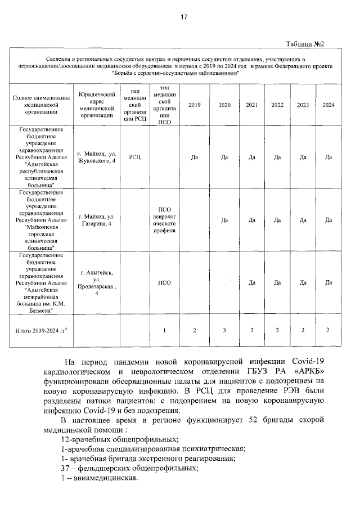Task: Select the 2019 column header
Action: [x=194, y=105]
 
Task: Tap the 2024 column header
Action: [x=328, y=105]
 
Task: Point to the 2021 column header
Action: [x=252, y=105]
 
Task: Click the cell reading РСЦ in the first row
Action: [x=135, y=158]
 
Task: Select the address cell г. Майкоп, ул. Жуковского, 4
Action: [x=97, y=157]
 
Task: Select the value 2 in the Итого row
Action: [x=194, y=330]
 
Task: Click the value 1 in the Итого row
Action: [x=165, y=330]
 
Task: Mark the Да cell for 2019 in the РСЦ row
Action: [x=194, y=158]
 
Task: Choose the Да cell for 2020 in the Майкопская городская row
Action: [x=224, y=220]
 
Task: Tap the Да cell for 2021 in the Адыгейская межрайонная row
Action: [x=252, y=282]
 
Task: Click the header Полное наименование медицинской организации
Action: [x=41, y=105]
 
